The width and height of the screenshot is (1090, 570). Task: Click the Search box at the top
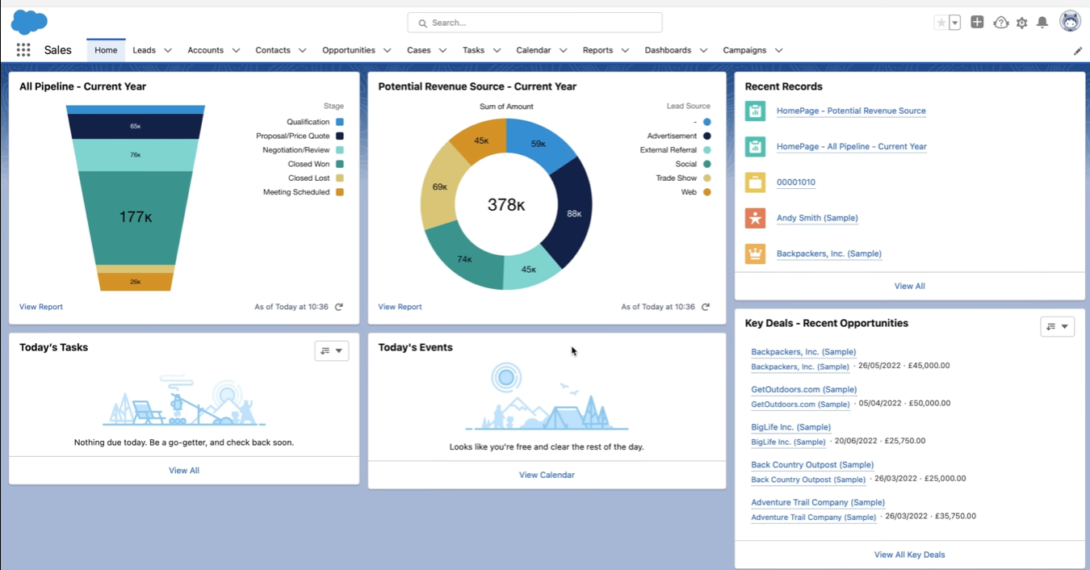pos(535,23)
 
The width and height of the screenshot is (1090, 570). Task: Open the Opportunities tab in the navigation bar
pos(348,50)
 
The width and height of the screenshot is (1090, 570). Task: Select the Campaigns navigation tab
pos(744,50)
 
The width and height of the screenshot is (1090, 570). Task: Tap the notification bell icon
pos(1042,23)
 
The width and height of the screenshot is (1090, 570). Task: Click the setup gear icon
pos(1021,23)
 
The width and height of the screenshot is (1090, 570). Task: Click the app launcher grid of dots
pos(23,50)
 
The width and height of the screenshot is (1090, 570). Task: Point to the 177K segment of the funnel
pos(135,217)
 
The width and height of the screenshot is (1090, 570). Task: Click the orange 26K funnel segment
pos(135,282)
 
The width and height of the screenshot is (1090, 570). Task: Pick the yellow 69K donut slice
pos(440,187)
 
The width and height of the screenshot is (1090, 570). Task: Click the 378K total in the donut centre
pos(506,205)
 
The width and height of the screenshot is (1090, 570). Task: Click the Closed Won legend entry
pos(309,164)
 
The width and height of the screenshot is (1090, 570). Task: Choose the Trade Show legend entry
pos(677,178)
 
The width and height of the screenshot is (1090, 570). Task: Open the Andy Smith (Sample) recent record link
pos(817,218)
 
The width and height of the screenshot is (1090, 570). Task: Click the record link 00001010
pos(795,182)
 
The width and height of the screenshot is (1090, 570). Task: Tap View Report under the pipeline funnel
pos(41,307)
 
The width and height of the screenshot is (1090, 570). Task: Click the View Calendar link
pos(547,475)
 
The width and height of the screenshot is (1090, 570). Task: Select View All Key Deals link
pos(909,555)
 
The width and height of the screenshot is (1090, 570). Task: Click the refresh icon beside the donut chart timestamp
pos(706,307)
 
